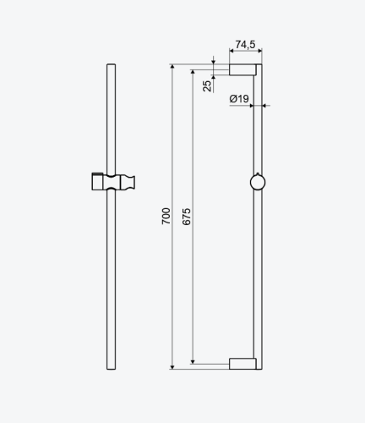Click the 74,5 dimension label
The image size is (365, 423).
pos(245,45)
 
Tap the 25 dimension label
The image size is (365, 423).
pos(207,86)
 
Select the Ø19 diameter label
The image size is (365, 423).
pos(239,99)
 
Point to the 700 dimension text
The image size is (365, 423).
pos(166,216)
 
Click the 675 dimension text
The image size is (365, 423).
pos(187,217)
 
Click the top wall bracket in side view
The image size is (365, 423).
pos(242,69)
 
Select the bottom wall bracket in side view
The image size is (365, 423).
pos(242,364)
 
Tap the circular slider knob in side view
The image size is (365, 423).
pos(258,182)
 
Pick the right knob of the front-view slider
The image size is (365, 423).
pos(128,182)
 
